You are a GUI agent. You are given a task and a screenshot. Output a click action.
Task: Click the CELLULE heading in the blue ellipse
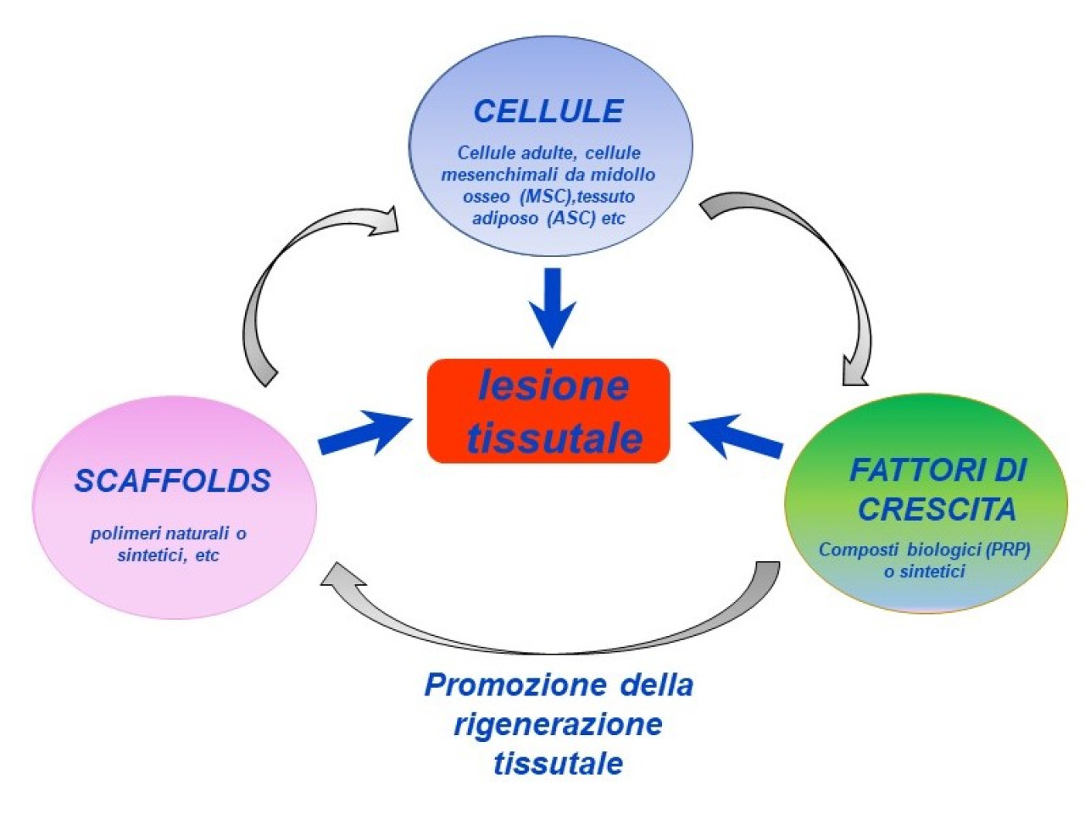[x=548, y=111]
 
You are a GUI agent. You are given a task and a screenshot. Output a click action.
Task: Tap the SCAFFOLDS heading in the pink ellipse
[x=173, y=481]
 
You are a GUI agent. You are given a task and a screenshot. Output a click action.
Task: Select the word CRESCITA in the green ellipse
[x=937, y=509]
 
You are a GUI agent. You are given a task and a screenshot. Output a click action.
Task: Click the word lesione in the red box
[x=554, y=386]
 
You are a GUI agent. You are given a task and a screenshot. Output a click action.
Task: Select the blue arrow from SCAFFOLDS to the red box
[x=366, y=432]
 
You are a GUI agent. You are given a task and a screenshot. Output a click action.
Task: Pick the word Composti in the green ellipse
[x=858, y=550]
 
